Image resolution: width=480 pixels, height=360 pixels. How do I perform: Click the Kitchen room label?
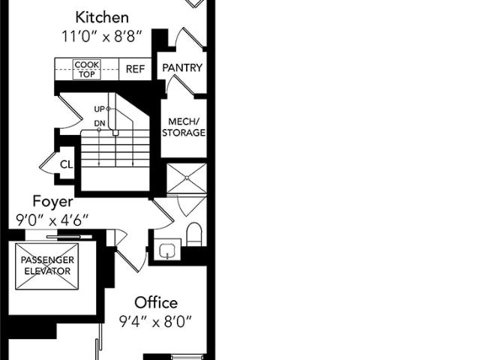tap(102, 17)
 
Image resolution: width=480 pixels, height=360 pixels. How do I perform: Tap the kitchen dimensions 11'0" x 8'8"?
tap(102, 37)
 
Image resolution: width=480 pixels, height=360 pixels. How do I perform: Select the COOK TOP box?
tap(87, 70)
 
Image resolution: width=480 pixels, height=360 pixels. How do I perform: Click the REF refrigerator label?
tap(135, 69)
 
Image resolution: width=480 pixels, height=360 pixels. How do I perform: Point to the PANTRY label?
tap(182, 67)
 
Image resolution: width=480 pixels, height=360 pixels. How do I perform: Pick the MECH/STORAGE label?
tap(184, 127)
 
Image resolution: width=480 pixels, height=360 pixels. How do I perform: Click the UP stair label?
tap(99, 109)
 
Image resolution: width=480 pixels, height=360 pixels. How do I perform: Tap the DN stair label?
tap(100, 123)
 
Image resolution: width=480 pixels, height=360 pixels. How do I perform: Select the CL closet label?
tap(67, 165)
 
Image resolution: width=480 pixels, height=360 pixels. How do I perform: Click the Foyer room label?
tap(53, 202)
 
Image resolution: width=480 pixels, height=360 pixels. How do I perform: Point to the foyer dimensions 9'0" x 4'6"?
tap(52, 220)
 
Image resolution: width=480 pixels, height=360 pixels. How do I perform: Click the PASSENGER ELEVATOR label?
tap(47, 265)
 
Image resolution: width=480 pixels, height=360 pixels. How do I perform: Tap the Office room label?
tap(156, 303)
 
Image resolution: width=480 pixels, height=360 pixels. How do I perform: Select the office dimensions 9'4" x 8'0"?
tap(155, 322)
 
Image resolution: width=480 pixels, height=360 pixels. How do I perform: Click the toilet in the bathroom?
tap(194, 234)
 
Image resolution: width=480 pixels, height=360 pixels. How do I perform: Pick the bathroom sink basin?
tap(167, 250)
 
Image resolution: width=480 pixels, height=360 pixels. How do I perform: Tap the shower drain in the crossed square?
tap(187, 178)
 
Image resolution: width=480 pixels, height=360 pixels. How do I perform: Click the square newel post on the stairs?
tap(115, 133)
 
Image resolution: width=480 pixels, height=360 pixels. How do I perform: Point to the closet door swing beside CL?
tap(48, 163)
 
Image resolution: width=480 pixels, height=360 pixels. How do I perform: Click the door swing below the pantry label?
tap(181, 86)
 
